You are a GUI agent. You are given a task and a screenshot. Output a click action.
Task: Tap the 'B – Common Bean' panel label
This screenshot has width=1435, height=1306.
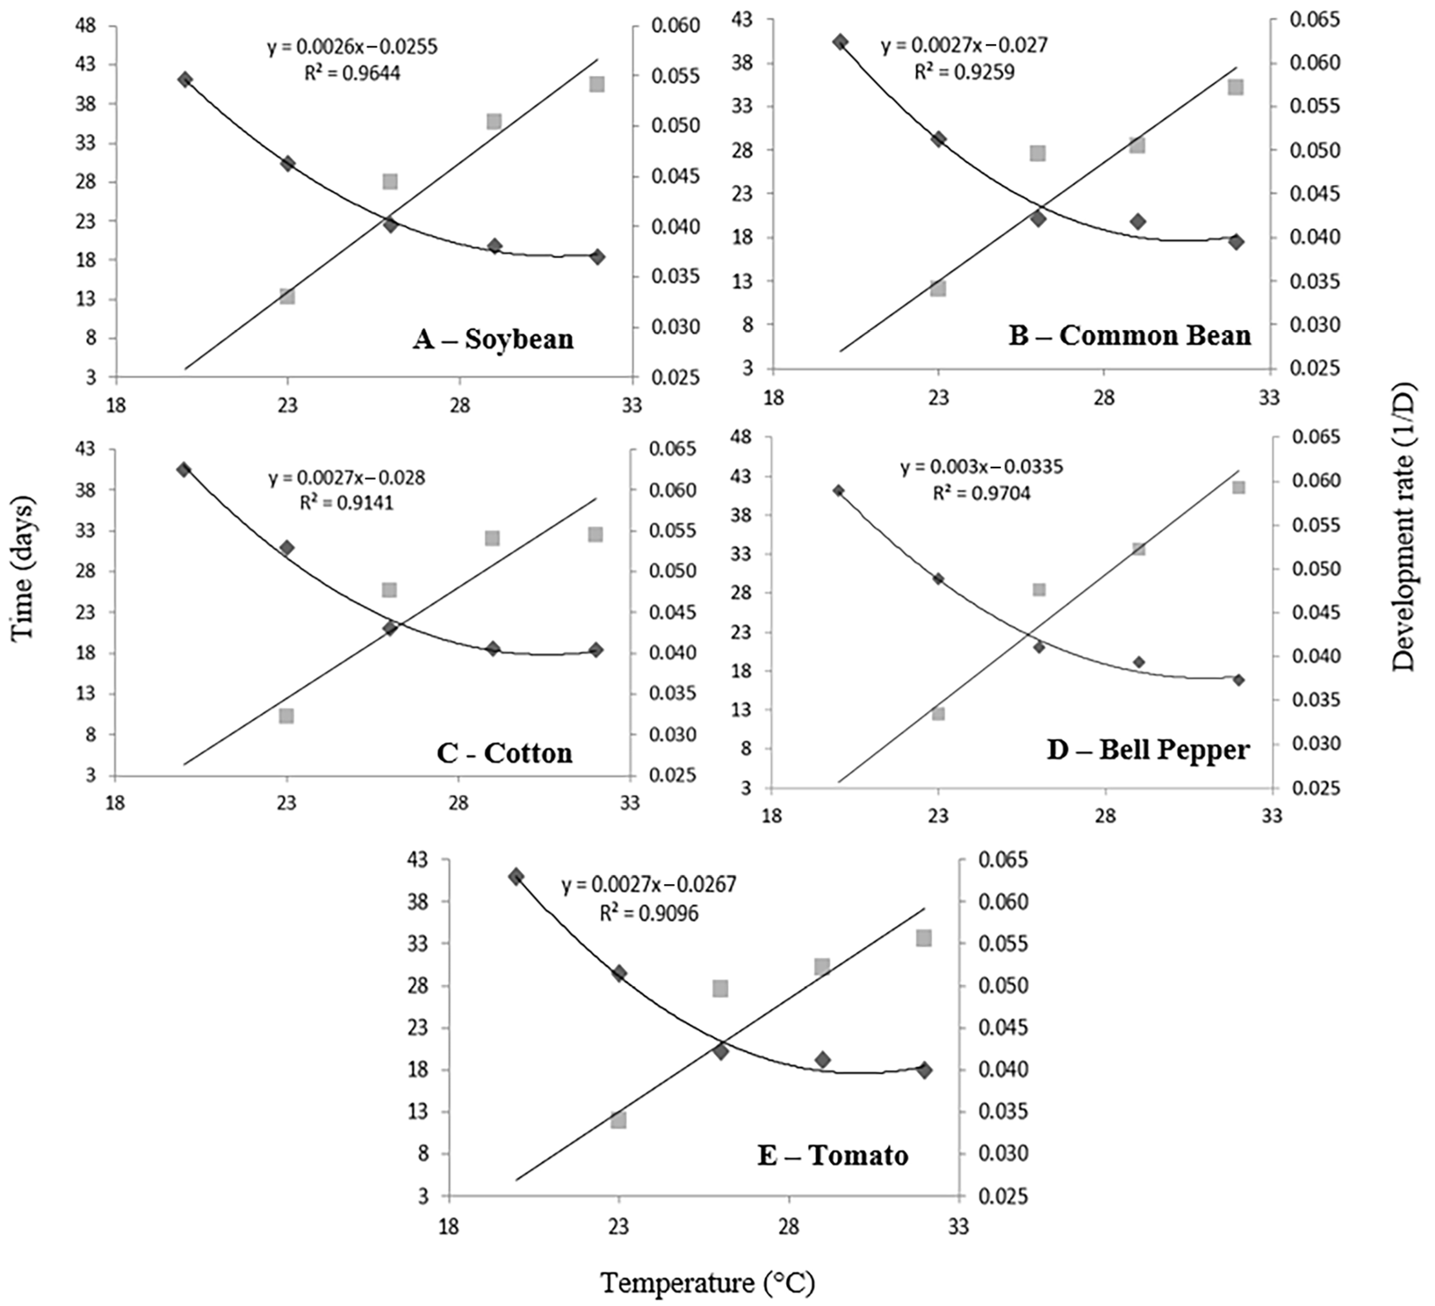pyautogui.click(x=1130, y=335)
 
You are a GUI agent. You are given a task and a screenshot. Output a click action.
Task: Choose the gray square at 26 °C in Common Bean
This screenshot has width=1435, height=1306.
pyautogui.click(x=1038, y=153)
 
